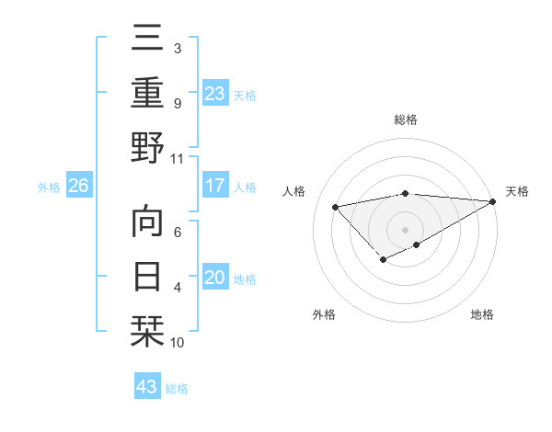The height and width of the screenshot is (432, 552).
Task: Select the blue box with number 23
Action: pos(214,94)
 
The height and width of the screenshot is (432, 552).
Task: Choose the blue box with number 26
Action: pos(79,187)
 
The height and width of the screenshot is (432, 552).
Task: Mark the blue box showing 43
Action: pos(147,387)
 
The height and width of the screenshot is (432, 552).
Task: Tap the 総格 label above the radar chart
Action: pos(406,120)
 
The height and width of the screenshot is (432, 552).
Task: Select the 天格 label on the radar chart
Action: pos(517,191)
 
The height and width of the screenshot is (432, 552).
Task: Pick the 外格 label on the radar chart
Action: pos(324,314)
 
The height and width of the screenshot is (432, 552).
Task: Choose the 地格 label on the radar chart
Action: pos(482,314)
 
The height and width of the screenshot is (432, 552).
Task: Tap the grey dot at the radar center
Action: pos(406,229)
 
